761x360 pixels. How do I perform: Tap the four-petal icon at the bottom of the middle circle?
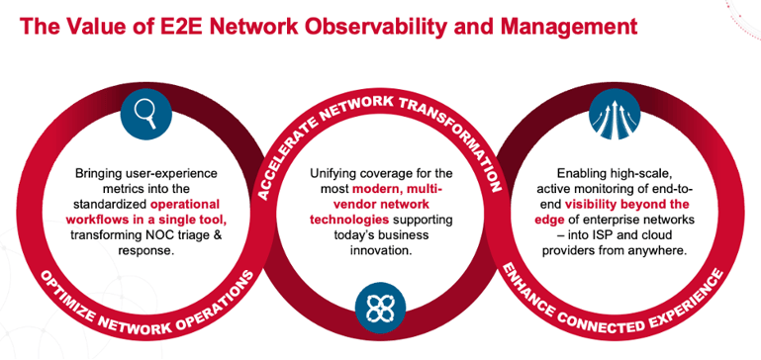[x=379, y=308]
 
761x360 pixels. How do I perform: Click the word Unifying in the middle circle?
[x=336, y=173]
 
